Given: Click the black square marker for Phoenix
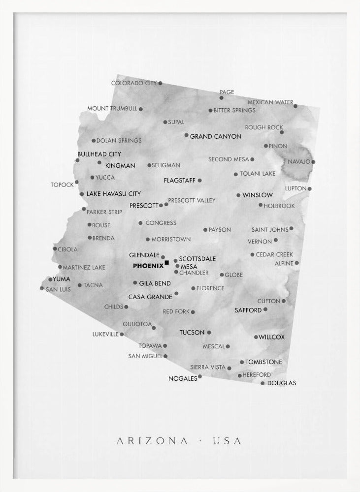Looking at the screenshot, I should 167,263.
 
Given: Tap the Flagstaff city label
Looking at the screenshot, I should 180,181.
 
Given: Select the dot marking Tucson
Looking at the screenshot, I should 209,333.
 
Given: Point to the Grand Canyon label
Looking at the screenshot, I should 216,136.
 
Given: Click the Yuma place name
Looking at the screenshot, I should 62,279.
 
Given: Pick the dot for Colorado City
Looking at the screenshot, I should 160,83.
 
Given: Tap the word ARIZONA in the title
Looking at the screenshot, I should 152,441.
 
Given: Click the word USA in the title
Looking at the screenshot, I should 227,441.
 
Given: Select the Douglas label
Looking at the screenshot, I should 282,383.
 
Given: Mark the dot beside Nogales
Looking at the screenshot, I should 200,376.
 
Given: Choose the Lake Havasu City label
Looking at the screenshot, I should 114,194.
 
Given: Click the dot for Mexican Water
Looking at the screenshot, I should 295,106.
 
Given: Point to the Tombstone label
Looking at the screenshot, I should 264,362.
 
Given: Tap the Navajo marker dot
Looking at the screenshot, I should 313,161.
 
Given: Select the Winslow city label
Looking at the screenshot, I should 258,195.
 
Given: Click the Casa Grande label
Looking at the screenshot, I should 150,297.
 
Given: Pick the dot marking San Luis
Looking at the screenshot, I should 42,288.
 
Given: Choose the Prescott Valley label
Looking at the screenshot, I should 192,200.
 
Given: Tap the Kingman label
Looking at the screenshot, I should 120,166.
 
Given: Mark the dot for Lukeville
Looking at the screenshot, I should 122,334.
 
